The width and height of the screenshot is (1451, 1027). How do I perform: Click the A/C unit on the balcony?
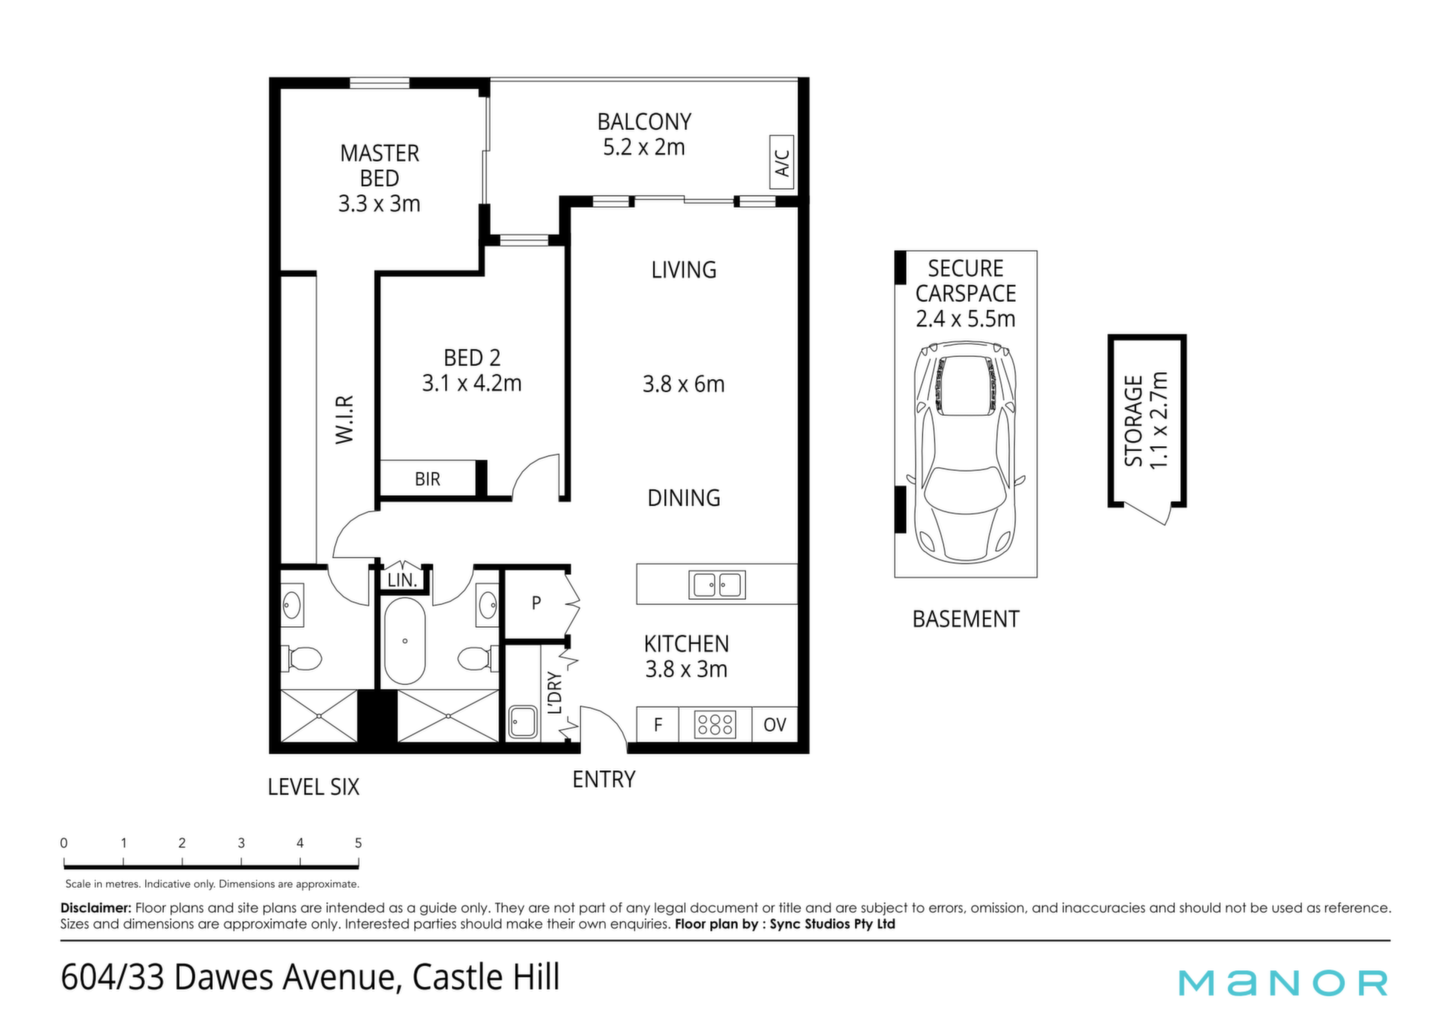pos(781,162)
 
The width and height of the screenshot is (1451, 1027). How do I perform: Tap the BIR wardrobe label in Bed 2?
pos(427,479)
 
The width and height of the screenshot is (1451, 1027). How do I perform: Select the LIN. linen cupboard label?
pos(402,580)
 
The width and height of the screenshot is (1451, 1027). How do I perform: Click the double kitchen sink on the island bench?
pos(717,585)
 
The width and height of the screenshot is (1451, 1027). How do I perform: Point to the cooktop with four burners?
pos(715,724)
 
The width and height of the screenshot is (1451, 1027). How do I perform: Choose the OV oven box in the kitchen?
pos(775,724)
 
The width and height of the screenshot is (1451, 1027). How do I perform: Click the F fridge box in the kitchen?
pos(657,724)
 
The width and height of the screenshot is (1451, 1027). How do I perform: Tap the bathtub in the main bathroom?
pos(405,641)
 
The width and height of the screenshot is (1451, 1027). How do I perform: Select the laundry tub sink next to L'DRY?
pos(523,721)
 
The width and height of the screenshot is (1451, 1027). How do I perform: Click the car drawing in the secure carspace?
pos(966,452)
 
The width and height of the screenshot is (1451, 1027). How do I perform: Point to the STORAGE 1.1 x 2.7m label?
pos(1146,420)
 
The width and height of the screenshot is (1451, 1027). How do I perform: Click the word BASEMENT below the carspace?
pos(966,619)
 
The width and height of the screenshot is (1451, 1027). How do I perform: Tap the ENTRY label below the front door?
pos(604,779)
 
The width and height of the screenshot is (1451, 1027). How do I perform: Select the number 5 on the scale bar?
pos(358,842)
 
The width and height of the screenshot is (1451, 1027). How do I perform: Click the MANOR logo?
pos(1283,982)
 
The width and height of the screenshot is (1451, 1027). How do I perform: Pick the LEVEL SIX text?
pos(314,787)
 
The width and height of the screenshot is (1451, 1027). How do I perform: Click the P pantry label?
pos(536,603)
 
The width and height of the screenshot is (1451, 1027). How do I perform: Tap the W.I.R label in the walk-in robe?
pos(345,419)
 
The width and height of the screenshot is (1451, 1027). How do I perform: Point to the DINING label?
pos(684,498)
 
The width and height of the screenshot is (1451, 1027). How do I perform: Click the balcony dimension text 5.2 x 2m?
pos(644,147)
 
